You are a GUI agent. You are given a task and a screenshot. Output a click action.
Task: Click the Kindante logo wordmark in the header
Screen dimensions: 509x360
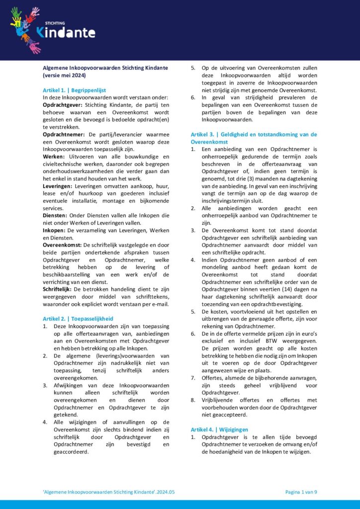(x=65, y=33)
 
